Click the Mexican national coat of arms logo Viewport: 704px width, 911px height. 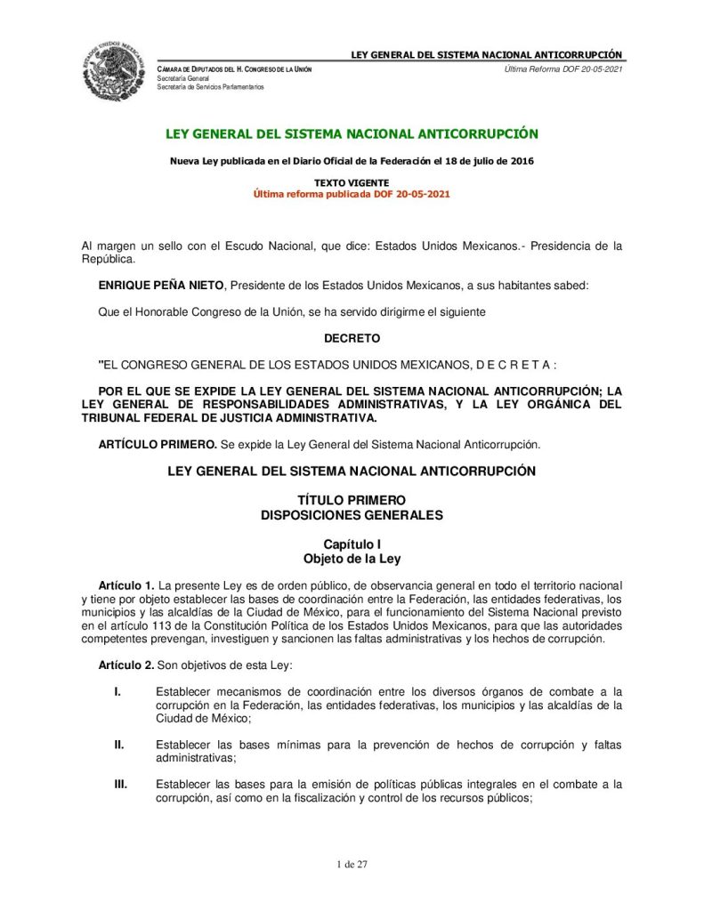(114, 71)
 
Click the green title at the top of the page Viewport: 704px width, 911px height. (352, 134)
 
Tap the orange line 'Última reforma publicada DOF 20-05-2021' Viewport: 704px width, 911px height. (352, 194)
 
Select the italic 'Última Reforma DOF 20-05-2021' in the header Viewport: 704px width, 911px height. (562, 69)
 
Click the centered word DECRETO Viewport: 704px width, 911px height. (352, 339)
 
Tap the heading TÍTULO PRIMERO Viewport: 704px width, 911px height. (352, 500)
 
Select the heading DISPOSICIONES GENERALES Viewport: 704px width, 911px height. (352, 515)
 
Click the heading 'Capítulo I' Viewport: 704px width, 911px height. (352, 544)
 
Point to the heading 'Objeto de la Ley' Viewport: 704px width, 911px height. (352, 560)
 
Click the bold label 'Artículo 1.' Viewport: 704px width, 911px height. (126, 586)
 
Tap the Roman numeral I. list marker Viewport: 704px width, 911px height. (117, 691)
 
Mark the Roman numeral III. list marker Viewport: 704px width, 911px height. (120, 785)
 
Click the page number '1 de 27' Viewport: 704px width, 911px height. (352, 864)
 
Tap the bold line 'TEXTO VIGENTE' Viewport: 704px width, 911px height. (352, 182)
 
